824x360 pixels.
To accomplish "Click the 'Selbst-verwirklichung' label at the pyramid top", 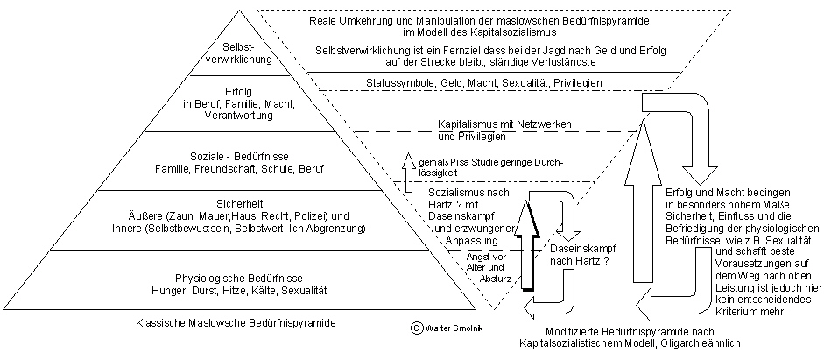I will [239, 54].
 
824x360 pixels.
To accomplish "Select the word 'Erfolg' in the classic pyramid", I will [239, 90].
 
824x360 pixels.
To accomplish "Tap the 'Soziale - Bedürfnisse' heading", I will [239, 155].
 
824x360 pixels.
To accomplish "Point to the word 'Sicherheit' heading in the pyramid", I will [239, 201].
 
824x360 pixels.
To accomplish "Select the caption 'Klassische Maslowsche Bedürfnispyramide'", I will [236, 323].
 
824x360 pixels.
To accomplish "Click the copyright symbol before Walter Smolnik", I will [417, 327].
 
